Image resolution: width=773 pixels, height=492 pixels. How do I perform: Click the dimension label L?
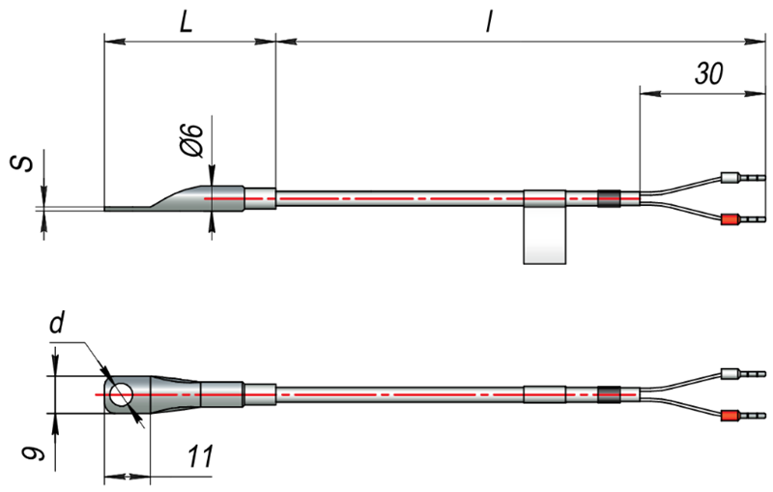(x=186, y=22)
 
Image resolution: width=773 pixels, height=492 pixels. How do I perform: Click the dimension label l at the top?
(x=489, y=21)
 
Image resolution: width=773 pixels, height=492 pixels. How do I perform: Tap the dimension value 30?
(x=709, y=72)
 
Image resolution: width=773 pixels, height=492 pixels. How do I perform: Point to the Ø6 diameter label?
(x=191, y=141)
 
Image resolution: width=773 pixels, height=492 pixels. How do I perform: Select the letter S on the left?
(x=22, y=163)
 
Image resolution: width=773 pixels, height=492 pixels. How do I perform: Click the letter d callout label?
(x=57, y=324)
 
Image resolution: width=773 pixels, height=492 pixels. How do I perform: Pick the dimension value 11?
(x=201, y=456)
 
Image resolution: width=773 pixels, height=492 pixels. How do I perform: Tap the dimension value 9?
(x=34, y=449)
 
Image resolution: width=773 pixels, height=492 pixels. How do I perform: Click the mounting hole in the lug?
(x=122, y=395)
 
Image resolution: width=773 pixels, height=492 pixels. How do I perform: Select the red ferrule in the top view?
(x=730, y=219)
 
